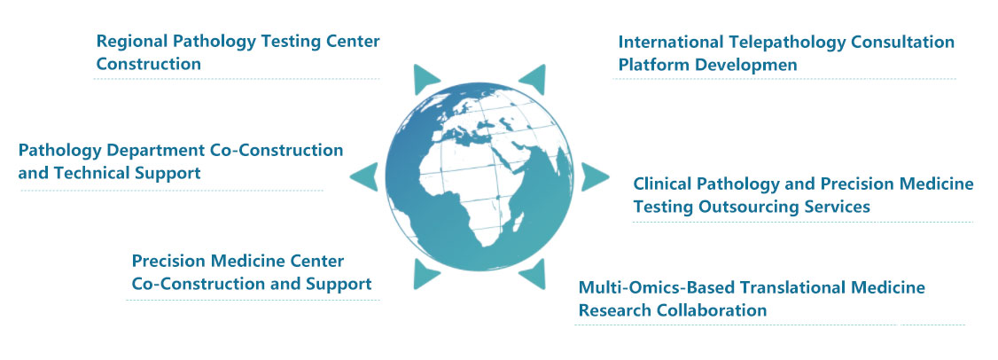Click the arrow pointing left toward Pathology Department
tap(363, 176)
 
